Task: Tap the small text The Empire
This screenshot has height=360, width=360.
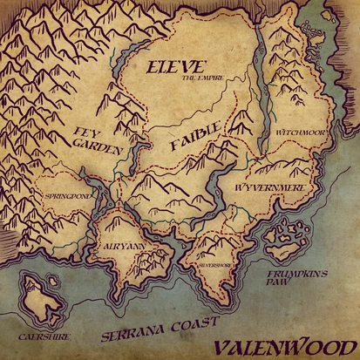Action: [202, 78]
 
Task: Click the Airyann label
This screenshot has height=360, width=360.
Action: [119, 248]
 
